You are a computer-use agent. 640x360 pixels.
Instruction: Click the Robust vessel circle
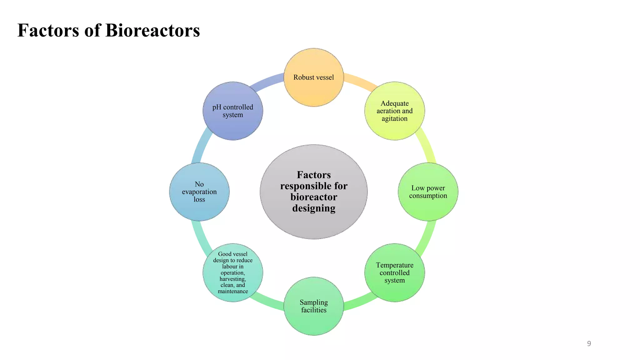click(313, 77)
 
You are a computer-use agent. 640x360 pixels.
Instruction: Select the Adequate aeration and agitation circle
click(394, 111)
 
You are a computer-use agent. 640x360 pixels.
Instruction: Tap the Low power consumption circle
click(428, 192)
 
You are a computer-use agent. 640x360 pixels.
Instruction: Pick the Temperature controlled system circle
click(394, 272)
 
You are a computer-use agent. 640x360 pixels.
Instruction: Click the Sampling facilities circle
click(313, 306)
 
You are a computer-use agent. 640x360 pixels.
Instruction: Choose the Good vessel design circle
click(233, 272)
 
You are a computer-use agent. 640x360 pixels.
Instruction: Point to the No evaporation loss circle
click(199, 192)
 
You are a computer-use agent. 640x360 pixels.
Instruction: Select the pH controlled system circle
click(233, 111)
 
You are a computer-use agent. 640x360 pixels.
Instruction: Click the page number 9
click(589, 344)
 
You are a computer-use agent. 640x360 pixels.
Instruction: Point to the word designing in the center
click(314, 208)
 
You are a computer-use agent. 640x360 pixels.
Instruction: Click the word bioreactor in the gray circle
click(314, 197)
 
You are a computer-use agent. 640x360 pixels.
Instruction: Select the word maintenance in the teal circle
click(233, 291)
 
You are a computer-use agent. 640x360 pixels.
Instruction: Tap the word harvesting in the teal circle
click(233, 279)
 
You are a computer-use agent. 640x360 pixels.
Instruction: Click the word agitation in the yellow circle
click(394, 119)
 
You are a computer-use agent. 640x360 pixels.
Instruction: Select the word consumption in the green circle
click(428, 196)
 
